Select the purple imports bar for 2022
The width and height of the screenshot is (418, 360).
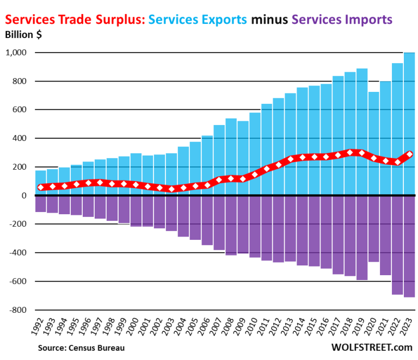397,245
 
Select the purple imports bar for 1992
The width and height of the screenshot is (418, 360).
40,204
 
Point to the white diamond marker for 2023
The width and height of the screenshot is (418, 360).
409,154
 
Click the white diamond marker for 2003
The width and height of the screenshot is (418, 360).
171,189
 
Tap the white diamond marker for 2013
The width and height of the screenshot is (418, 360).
290,159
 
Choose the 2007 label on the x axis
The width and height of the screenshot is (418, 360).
217,328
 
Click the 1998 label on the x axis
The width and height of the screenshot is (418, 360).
110,328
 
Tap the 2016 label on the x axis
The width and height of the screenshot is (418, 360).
324,328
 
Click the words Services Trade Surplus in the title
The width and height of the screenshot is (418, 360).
73,20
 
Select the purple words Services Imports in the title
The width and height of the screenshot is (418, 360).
342,20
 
